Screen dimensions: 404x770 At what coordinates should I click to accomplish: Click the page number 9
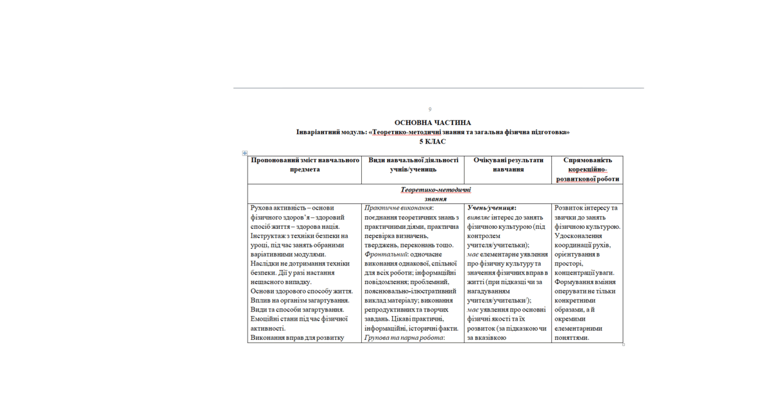click(x=430, y=110)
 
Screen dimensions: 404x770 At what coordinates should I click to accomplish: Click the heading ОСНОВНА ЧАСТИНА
click(x=432, y=122)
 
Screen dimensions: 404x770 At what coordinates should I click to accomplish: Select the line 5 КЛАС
click(x=432, y=142)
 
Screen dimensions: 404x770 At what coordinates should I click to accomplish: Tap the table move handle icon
click(x=244, y=153)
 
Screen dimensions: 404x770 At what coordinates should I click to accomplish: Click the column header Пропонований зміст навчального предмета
click(x=305, y=165)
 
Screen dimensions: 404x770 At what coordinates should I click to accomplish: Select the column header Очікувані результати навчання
click(x=508, y=165)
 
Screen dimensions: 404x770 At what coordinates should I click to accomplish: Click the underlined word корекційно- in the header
click(x=588, y=170)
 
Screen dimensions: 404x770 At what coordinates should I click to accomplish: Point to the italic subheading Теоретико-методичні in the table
click(x=436, y=190)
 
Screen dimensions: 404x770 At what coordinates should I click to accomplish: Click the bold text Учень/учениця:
click(x=492, y=208)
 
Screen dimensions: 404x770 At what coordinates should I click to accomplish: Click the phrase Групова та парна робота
click(x=404, y=338)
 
